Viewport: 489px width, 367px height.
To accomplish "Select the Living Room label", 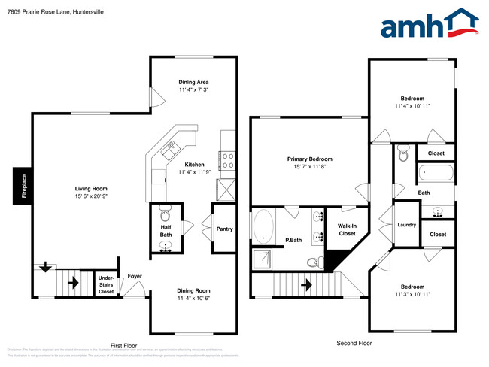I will pos(90,189).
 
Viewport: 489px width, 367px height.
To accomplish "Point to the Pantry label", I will pos(224,229).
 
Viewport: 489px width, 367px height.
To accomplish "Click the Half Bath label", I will pos(166,231).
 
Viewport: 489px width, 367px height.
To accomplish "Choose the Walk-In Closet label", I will pos(347,229).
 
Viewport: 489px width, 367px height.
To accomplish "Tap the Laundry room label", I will pos(406,225).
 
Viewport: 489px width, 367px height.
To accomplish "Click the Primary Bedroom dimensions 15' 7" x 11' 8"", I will pos(309,167).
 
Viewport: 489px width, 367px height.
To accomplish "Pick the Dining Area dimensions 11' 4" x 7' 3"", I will pos(193,90).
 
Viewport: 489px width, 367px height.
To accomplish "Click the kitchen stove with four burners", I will pos(228,159).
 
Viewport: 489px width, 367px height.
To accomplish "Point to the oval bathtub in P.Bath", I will pos(264,227).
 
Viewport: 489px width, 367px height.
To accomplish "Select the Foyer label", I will pos(135,277).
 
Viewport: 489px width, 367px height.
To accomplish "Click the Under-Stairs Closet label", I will pos(107,285).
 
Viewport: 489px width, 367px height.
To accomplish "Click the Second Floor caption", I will pos(354,343).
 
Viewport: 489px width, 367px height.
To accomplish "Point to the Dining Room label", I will pos(193,290).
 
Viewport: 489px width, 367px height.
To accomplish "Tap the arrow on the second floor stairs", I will pos(306,284).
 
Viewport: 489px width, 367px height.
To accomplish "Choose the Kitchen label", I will pos(194,165).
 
